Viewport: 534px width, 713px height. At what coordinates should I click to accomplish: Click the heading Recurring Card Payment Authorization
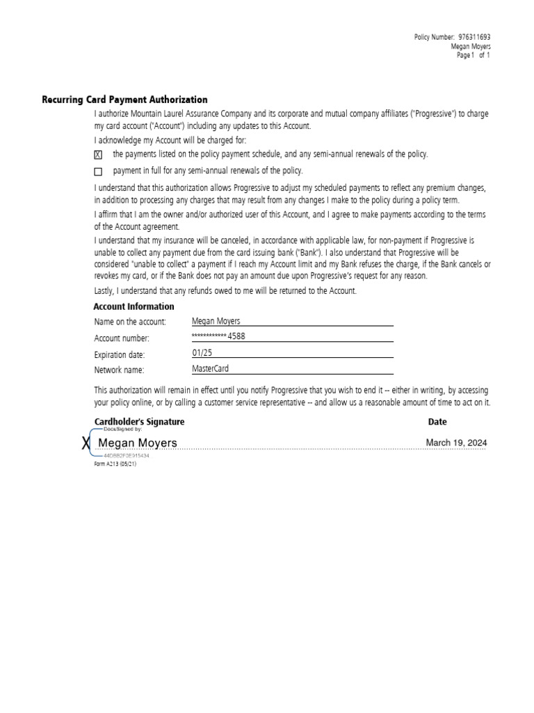point(124,100)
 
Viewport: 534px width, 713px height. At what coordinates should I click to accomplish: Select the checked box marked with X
point(98,155)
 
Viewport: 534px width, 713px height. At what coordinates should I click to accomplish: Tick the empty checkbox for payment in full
point(98,171)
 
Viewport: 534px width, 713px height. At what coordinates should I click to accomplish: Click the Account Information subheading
point(133,306)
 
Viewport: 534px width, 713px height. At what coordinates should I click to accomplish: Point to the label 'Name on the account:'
point(130,322)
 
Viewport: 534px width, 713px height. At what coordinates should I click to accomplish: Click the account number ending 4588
point(218,336)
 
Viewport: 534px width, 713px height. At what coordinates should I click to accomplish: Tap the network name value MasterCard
point(210,369)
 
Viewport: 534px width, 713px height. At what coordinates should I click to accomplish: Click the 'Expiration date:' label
point(120,354)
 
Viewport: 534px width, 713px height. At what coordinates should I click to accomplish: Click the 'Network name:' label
point(119,370)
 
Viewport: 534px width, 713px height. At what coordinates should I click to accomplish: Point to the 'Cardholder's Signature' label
point(139,422)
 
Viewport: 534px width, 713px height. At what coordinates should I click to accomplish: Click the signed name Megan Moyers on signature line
point(138,443)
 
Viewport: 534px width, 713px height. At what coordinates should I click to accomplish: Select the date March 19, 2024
point(456,442)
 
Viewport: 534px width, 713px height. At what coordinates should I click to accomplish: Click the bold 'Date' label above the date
point(437,422)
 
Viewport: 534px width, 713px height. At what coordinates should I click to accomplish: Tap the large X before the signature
point(86,444)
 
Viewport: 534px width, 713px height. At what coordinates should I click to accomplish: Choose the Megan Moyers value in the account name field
point(216,321)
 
